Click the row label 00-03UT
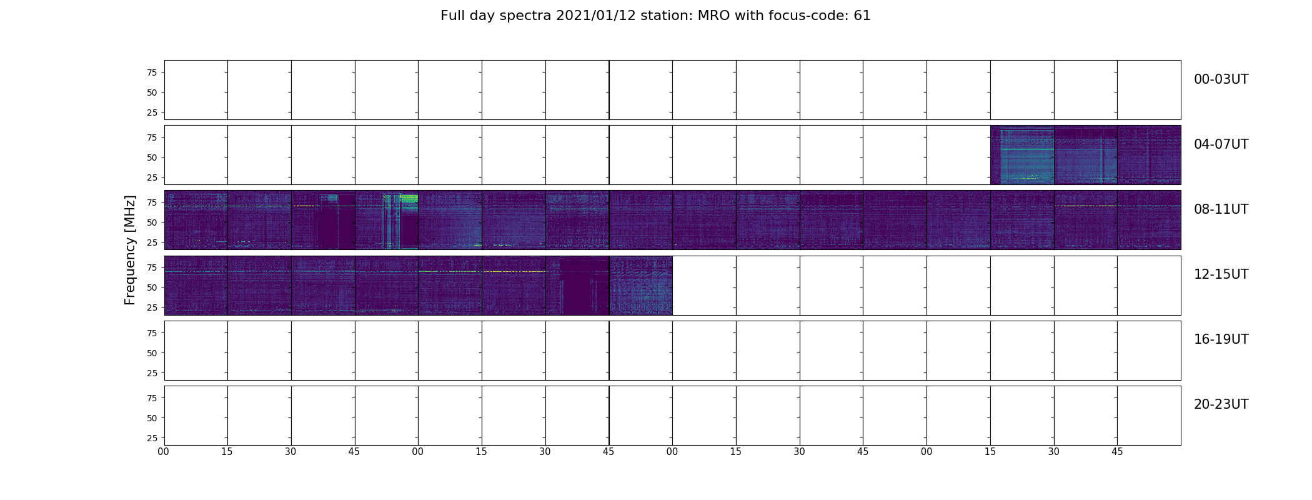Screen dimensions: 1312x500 tap(1221, 79)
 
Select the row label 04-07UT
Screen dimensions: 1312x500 tap(1221, 144)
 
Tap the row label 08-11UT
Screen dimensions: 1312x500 tap(1221, 209)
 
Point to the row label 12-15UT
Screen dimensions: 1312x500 tap(1221, 274)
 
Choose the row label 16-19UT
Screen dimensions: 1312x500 tap(1221, 339)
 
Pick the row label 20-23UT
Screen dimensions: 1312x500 tap(1221, 404)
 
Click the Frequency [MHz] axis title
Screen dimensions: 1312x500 tap(130, 250)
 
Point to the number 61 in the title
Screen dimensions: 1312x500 tap(862, 16)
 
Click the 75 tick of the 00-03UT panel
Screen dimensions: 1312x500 tap(151, 72)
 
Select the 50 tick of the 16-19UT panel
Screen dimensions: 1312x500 tap(151, 353)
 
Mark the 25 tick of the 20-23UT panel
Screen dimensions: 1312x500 tap(151, 438)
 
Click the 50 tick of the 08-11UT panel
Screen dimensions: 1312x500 tap(151, 222)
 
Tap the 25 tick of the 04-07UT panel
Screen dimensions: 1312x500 tap(151, 177)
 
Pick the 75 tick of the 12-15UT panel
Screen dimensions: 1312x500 tap(151, 267)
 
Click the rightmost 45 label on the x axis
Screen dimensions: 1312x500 tap(1117, 452)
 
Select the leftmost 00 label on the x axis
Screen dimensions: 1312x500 tap(164, 452)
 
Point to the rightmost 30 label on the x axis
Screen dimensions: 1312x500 tap(1054, 452)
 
